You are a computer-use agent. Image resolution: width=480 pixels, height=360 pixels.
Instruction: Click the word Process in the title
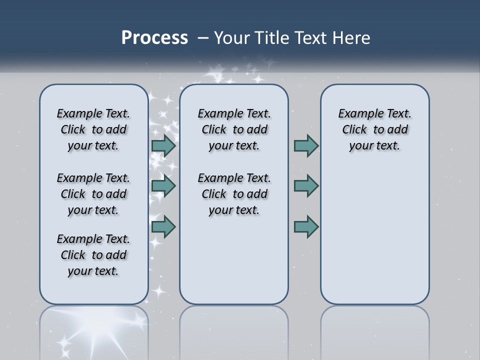pyautogui.click(x=154, y=37)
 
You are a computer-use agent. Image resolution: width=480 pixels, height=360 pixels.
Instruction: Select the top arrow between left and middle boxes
pyautogui.click(x=163, y=146)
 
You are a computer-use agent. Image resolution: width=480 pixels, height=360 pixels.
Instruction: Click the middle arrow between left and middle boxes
pyautogui.click(x=163, y=186)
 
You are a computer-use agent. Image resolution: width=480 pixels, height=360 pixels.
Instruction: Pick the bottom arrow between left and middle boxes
pyautogui.click(x=163, y=226)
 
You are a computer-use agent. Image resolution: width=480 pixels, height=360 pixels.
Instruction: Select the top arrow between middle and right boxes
pyautogui.click(x=306, y=146)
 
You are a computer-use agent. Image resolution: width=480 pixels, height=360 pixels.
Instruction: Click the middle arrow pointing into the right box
pyautogui.click(x=306, y=186)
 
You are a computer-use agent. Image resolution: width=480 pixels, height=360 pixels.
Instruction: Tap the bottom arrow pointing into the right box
pyautogui.click(x=306, y=226)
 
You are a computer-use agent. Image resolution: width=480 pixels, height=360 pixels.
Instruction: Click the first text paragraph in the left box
pyautogui.click(x=93, y=129)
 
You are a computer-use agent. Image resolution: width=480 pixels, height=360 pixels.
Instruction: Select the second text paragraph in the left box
pyautogui.click(x=93, y=194)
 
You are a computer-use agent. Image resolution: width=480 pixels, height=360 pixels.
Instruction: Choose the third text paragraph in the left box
pyautogui.click(x=93, y=255)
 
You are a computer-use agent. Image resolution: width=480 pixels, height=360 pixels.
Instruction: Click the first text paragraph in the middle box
pyautogui.click(x=234, y=129)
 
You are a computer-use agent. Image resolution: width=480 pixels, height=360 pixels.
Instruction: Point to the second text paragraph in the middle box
pyautogui.click(x=234, y=194)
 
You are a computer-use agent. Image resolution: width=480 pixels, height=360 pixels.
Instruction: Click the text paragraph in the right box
pyautogui.click(x=374, y=129)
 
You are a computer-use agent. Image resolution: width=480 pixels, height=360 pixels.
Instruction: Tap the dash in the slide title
pyautogui.click(x=203, y=38)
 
